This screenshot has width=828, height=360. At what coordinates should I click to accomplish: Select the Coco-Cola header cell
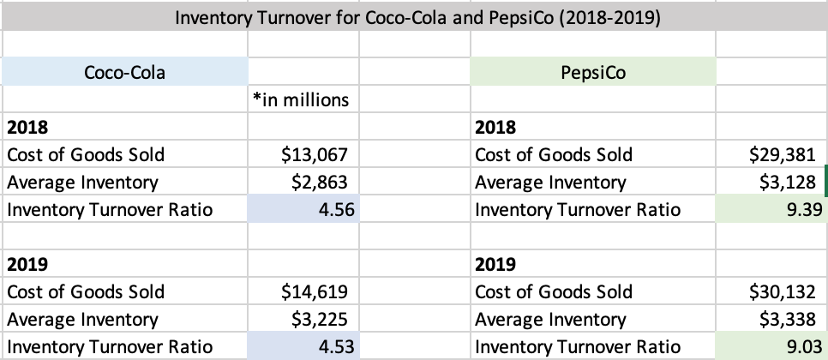(x=124, y=72)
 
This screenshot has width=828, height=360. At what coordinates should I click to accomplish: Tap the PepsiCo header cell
(x=592, y=72)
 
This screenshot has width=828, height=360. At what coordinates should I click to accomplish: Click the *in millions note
(x=301, y=99)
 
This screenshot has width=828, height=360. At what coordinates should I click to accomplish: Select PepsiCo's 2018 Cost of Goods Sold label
(x=553, y=154)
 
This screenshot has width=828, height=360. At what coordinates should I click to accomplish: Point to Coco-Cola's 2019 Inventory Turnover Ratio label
(x=109, y=347)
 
